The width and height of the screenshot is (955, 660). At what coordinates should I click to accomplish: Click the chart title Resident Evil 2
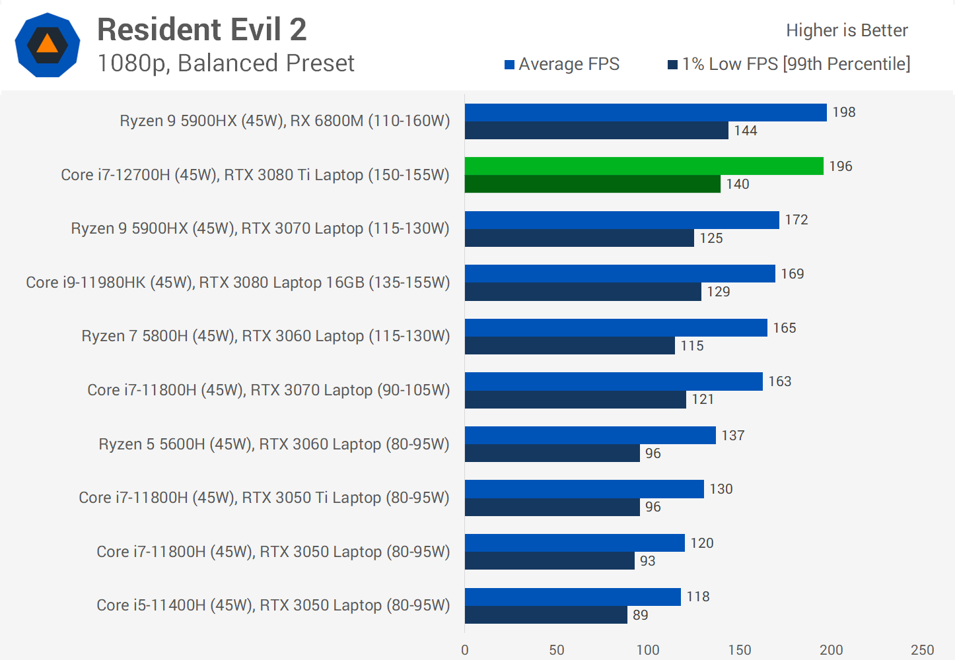201,30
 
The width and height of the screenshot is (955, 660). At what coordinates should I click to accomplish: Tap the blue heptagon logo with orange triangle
48,45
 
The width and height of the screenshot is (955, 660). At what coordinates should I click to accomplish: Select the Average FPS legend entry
562,64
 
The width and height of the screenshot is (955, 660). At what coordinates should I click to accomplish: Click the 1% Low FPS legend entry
789,64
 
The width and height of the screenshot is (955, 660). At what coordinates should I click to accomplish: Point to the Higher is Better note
847,30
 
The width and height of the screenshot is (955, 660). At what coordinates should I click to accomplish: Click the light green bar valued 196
644,166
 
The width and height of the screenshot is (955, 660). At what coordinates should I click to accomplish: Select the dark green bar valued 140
592,184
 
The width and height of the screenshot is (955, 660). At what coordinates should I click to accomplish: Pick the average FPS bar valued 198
645,112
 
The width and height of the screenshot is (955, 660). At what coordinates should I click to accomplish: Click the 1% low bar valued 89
546,615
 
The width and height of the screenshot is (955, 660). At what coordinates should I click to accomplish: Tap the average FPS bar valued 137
590,436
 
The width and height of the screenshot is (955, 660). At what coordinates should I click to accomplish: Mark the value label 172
796,220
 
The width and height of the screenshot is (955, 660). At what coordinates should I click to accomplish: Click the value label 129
719,292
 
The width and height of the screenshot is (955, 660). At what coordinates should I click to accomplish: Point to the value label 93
648,561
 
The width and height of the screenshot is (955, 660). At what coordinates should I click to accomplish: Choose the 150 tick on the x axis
740,650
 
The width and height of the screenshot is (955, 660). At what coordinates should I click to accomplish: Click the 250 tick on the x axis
923,650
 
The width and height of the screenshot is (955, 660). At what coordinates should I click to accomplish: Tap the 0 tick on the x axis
465,650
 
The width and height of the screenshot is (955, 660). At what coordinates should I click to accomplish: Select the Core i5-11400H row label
273,605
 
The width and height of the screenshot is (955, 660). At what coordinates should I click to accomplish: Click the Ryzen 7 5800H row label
265,336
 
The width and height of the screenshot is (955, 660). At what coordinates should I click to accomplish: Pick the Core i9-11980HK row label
238,282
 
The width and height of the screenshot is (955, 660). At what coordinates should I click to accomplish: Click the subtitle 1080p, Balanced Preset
226,63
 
